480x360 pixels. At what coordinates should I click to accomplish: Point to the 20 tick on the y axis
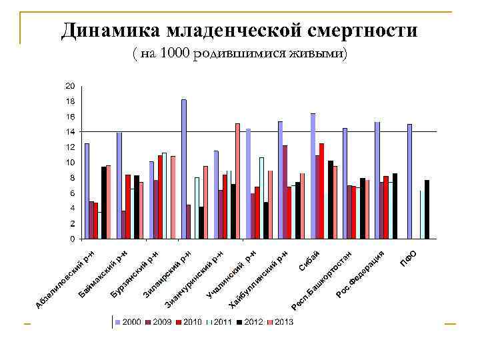pyautogui.click(x=70, y=86)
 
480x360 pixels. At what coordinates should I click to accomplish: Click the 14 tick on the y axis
pyautogui.click(x=70, y=132)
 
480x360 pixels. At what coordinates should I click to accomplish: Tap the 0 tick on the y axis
pyautogui.click(x=72, y=239)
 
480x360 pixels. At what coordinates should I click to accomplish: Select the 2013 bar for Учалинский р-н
pyautogui.click(x=237, y=181)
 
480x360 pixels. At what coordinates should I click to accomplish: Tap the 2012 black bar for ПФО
pyautogui.click(x=427, y=209)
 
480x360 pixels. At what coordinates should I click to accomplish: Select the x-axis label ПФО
pyautogui.click(x=408, y=257)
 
